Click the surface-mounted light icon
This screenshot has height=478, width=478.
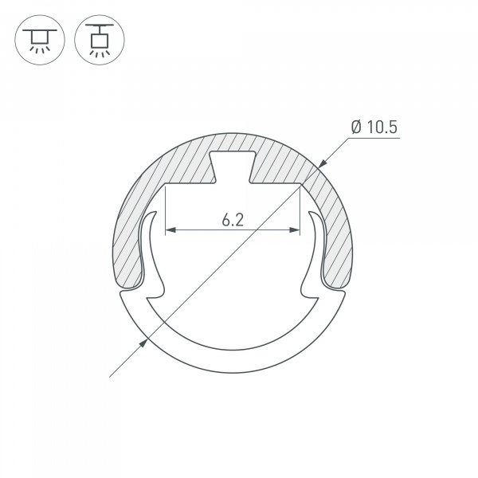pyautogui.click(x=37, y=39)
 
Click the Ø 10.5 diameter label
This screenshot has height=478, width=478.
pyautogui.click(x=374, y=127)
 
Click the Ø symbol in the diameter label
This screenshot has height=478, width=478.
pyautogui.click(x=355, y=127)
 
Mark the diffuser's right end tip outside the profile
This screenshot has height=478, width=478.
pyautogui.click(x=343, y=296)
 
